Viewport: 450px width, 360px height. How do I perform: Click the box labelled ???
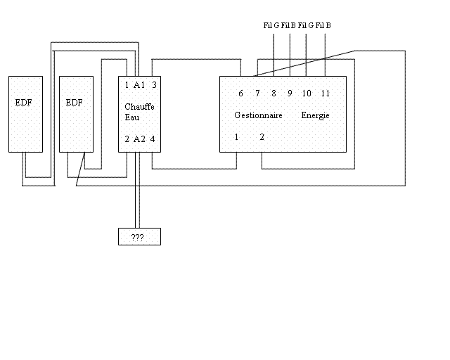pos(139,237)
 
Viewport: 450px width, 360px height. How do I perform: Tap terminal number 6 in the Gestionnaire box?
pos(240,94)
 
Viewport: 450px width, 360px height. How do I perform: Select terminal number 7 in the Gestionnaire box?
pos(257,94)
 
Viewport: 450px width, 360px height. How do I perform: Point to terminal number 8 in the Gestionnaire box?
pos(274,94)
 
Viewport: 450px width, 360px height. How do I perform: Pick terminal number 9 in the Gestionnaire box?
pos(290,94)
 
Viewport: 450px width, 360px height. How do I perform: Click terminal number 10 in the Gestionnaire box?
pos(307,94)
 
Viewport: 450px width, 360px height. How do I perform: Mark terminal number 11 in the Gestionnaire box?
pos(325,94)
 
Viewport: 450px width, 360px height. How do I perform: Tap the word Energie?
pos(316,115)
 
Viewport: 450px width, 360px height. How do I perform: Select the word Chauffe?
pos(139,106)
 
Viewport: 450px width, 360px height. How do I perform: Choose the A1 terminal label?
pos(139,85)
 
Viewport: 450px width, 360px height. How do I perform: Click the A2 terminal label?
pos(139,139)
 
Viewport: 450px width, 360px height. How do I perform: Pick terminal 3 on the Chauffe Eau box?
pos(154,85)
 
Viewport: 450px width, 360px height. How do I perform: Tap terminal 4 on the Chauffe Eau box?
pos(153,139)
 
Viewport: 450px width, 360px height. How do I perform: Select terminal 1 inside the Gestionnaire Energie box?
pos(237,137)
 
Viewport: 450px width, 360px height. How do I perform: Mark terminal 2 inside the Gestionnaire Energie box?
pos(262,137)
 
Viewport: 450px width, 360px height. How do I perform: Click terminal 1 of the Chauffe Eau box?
pos(127,85)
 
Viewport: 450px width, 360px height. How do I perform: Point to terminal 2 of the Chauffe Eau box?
pos(127,139)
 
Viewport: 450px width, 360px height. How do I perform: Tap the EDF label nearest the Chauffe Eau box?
pos(75,103)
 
